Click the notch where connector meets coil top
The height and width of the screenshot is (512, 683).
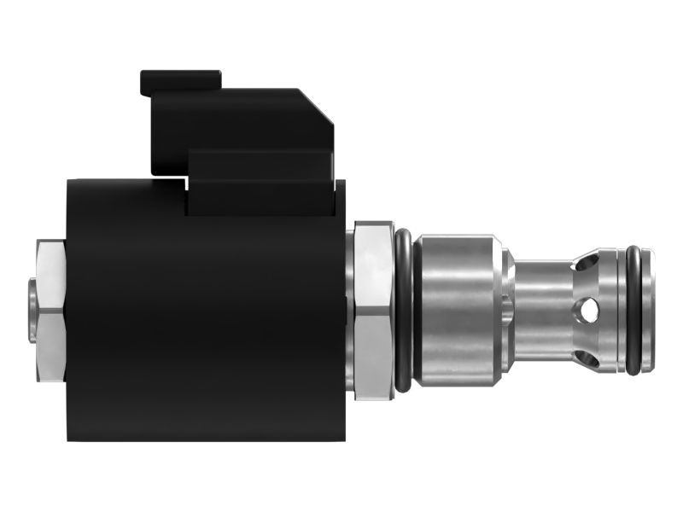coord(185,181)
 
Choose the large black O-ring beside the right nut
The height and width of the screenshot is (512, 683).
coord(403,311)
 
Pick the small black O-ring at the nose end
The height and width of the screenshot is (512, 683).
coord(633,311)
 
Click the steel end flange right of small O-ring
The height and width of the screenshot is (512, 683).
coord(647,311)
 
